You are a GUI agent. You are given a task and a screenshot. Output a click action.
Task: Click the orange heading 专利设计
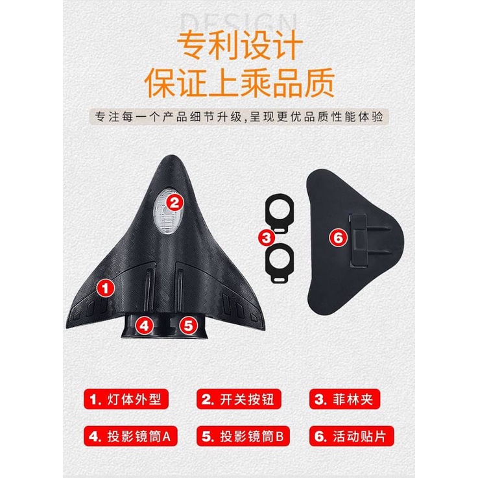(239, 47)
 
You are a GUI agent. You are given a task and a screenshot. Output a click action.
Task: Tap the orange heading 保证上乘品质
(239, 83)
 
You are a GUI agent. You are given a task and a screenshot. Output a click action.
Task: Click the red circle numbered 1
(106, 285)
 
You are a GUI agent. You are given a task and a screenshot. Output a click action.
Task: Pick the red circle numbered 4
(147, 325)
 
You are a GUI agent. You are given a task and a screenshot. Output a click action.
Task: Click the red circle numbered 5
(187, 325)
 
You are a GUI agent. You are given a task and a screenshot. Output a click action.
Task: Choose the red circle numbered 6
(337, 238)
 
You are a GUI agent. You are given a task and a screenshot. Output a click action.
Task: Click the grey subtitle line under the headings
(239, 119)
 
